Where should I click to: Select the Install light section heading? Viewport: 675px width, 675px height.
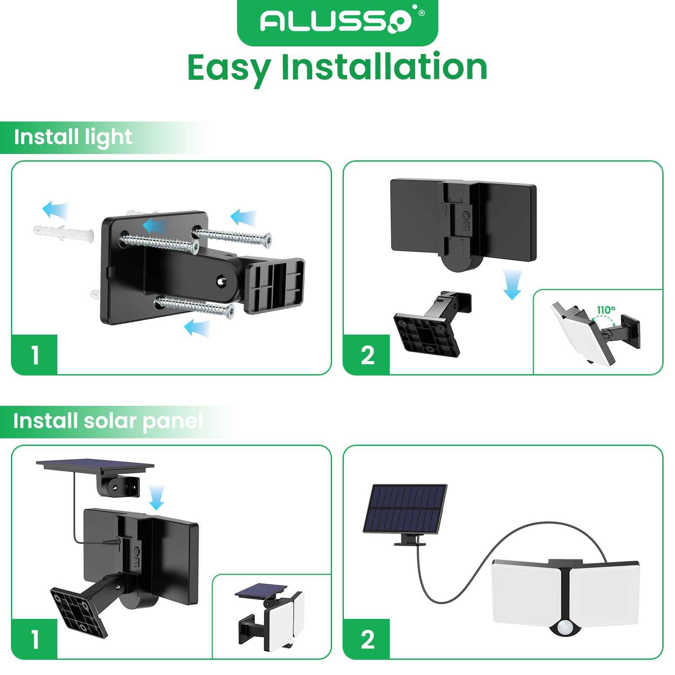[x=73, y=138]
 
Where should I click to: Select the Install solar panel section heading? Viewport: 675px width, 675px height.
[x=108, y=421]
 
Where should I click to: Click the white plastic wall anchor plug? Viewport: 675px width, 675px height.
[x=63, y=232]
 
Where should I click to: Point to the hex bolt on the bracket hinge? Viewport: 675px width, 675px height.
[x=220, y=281]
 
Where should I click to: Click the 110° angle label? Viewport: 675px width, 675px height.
[x=606, y=310]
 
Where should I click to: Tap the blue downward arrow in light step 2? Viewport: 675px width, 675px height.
[x=512, y=285]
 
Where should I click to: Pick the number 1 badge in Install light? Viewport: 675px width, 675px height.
[x=35, y=355]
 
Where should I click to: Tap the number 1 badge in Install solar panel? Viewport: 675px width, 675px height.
[x=35, y=639]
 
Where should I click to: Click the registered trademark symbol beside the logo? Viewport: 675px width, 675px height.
[x=421, y=13]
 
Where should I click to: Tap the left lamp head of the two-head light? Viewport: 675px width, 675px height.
[x=527, y=591]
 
